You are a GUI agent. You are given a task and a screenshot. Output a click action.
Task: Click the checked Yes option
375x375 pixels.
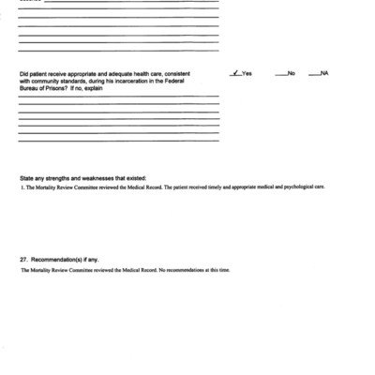click(x=242, y=73)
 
